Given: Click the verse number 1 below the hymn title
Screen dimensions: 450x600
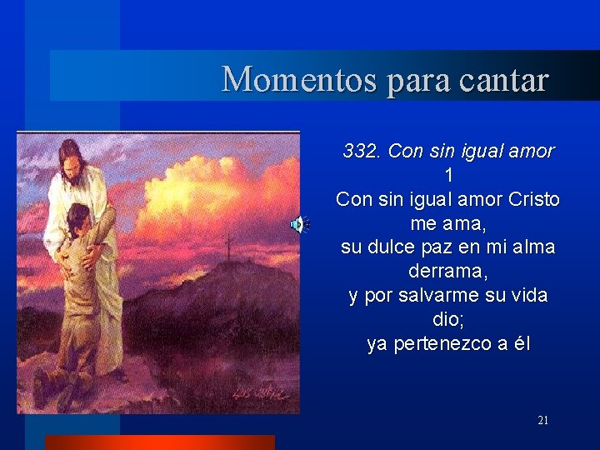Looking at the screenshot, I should [449, 176].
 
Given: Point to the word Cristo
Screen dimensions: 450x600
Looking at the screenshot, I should [533, 200].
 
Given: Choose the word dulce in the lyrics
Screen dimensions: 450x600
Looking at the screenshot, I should [402, 247].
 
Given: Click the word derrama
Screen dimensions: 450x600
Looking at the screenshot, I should [447, 272].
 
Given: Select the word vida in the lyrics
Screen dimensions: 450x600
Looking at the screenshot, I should [528, 296].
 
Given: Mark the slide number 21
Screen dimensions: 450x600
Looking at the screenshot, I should [543, 421].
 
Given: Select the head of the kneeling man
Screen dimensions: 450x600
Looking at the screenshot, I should [77, 218].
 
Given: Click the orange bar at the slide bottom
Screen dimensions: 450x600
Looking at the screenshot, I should [159, 442].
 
